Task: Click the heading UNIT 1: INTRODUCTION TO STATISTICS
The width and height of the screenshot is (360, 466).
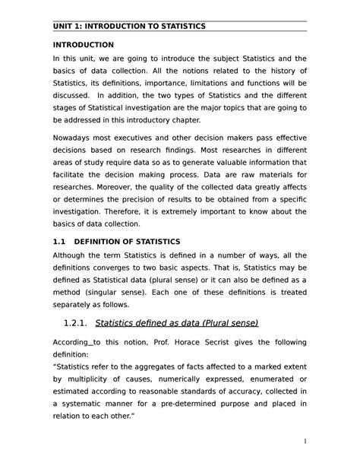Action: (128, 27)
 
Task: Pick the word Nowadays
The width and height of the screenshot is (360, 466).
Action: (77, 141)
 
